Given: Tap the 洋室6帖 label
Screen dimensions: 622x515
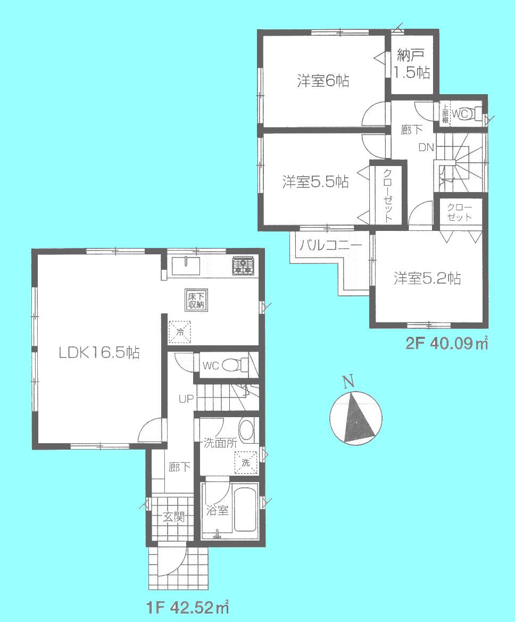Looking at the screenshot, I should tap(323, 81).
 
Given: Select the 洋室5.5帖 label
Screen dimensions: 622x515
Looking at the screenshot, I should tap(315, 183).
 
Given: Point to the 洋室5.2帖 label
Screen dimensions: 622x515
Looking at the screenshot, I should tap(427, 278).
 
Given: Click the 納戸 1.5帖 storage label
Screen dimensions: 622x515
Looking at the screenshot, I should tap(412, 64).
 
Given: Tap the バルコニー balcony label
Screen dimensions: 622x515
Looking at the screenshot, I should tap(330, 246).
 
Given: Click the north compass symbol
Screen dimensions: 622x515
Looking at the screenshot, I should tap(355, 417).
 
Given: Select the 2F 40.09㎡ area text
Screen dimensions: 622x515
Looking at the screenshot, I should tap(447, 344).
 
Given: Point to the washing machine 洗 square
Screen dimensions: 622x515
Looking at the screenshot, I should tap(246, 462).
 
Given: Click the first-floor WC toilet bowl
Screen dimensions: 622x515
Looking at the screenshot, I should tap(233, 365).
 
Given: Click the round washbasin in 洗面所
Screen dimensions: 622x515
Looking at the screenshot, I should tap(246, 430).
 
